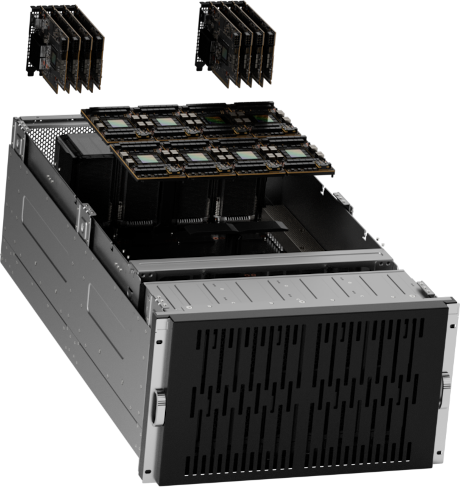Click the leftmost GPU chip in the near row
pos(147,158)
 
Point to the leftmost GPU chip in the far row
pos(115,124)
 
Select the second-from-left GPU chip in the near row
pos(197,156)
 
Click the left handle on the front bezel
pos(160,404)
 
